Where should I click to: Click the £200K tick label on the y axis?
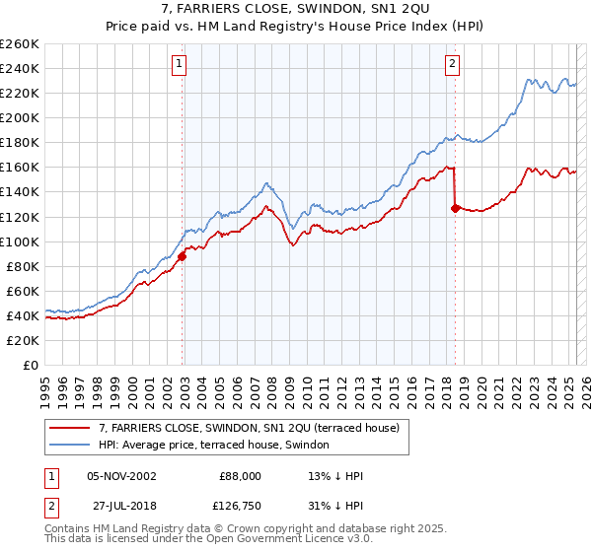click(20, 117)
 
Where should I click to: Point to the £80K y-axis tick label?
click(23, 266)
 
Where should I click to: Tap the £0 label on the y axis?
click(32, 365)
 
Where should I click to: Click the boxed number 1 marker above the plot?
click(180, 64)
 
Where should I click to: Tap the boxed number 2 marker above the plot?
click(452, 64)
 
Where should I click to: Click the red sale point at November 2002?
click(182, 256)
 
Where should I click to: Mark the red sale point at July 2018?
click(455, 208)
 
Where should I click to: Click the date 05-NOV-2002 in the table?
click(121, 476)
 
